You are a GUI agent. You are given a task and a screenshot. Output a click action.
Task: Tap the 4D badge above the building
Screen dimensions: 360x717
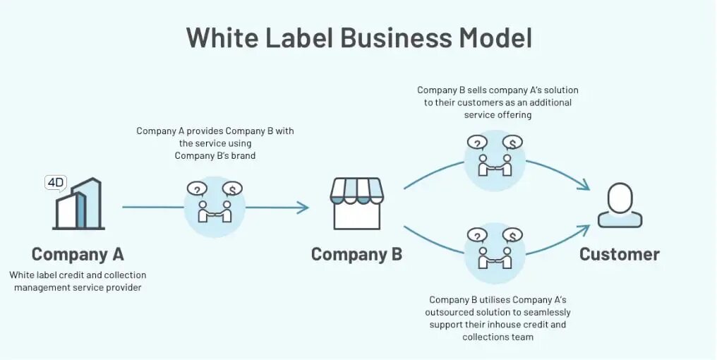tap(55, 182)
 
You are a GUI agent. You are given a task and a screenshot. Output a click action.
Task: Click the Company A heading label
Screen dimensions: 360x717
tap(78, 254)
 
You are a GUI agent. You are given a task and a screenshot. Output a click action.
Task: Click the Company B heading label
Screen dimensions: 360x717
tap(356, 254)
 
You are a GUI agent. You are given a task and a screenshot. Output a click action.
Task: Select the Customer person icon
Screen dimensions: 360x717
tap(620, 205)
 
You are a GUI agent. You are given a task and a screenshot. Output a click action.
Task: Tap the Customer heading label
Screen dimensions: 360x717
tap(620, 254)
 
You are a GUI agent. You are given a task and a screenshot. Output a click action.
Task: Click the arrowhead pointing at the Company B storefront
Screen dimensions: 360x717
tap(303, 208)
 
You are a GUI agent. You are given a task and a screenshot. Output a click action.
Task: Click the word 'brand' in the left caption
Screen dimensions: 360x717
tap(242, 155)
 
